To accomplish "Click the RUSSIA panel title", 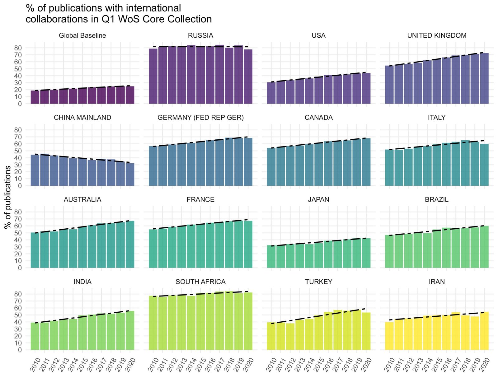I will point(200,35).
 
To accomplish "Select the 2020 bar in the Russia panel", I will point(248,77).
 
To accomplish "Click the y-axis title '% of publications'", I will point(8,197).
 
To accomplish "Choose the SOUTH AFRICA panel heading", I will point(200,282).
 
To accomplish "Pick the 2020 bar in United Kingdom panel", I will point(484,78).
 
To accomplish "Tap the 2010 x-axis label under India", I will point(35,365).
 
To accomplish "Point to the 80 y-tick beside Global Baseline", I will point(18,48).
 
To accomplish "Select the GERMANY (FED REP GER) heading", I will point(200,118).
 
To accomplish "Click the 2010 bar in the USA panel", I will point(271,93).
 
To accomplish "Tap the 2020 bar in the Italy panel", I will point(484,165).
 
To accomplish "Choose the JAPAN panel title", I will point(318,200).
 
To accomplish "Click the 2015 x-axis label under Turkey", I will point(318,365).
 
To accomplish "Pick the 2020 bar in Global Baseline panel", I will point(130,95).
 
